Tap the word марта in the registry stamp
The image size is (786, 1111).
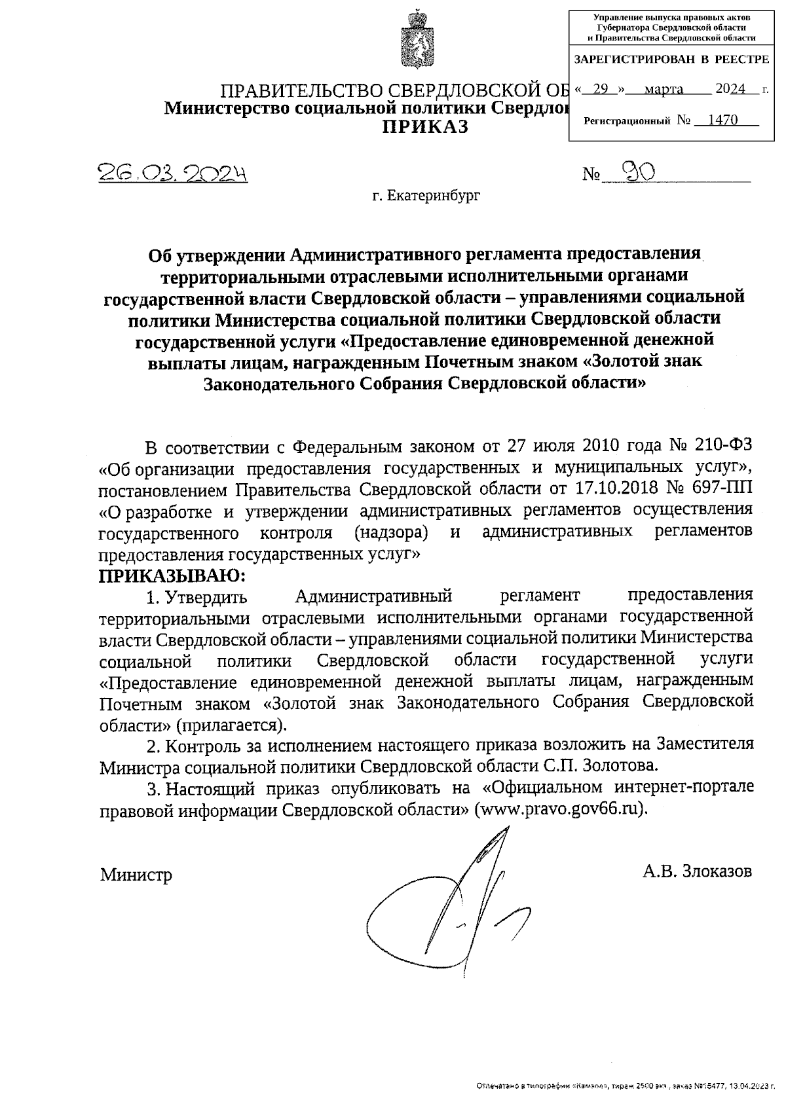[x=664, y=90]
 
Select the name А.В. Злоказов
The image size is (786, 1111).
[x=697, y=871]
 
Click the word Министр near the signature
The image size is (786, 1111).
[x=136, y=875]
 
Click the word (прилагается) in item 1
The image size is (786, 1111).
[x=230, y=725]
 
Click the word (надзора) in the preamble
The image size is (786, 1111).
[x=391, y=532]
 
